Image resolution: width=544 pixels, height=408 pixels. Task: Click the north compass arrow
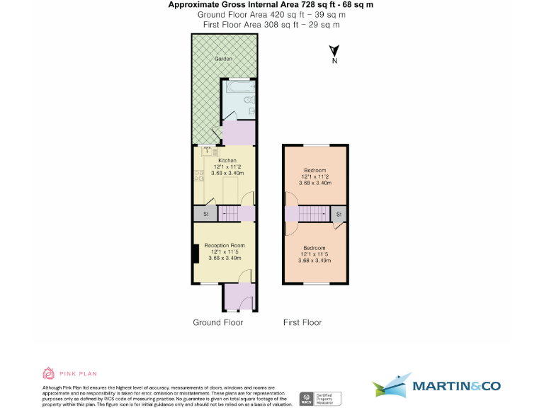click(335, 51)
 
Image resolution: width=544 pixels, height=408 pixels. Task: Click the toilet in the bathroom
click(249, 101)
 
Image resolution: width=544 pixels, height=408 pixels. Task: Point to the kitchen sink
click(208, 150)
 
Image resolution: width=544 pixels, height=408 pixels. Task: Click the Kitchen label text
click(227, 161)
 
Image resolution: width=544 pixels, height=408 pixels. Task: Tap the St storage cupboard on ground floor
click(206, 213)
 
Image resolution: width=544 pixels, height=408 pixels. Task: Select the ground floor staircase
click(229, 213)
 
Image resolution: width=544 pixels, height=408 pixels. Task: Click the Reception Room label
click(225, 245)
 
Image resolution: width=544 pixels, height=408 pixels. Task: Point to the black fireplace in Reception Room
click(195, 254)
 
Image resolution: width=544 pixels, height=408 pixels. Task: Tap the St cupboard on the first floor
click(339, 213)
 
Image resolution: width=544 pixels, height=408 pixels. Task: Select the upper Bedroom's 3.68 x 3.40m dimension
click(314, 183)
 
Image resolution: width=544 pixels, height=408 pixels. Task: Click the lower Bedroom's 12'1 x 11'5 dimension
click(314, 254)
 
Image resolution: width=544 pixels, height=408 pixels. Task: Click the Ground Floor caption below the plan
click(217, 322)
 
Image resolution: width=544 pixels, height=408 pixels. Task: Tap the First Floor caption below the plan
click(302, 322)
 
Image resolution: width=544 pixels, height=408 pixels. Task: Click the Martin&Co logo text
click(456, 386)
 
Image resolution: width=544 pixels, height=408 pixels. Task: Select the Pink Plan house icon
click(49, 373)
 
